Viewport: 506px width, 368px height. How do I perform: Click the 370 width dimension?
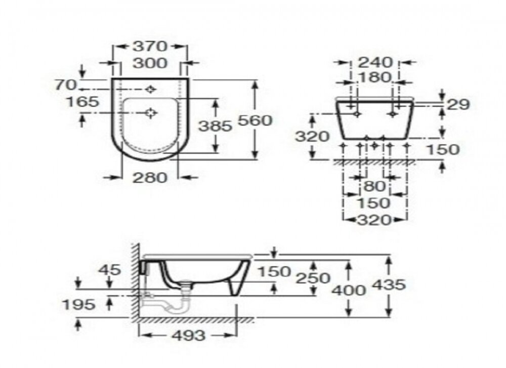[x=150, y=46]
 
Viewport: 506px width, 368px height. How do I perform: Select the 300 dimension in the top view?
[x=150, y=63]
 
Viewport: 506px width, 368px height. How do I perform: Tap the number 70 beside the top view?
[x=65, y=85]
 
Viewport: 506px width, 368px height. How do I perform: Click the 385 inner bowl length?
[x=215, y=126]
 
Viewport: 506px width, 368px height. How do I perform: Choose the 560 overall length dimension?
[x=255, y=120]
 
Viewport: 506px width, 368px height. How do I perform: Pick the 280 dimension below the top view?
[x=150, y=178]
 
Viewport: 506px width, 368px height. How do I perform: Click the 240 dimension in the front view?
[x=375, y=62]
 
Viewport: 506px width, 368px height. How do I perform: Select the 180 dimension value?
[x=374, y=77]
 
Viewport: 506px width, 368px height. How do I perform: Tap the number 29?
[x=458, y=104]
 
